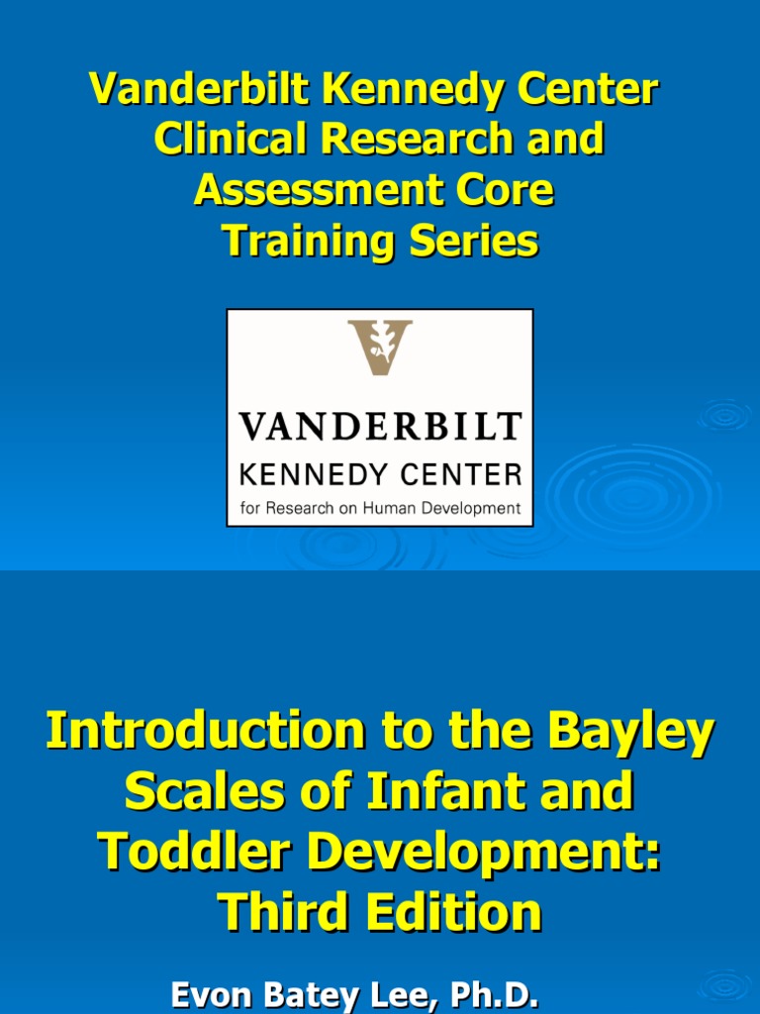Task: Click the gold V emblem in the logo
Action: (380, 347)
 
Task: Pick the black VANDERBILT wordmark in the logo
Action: (380, 427)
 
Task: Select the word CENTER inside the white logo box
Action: (459, 475)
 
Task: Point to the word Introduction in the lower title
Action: (197, 733)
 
